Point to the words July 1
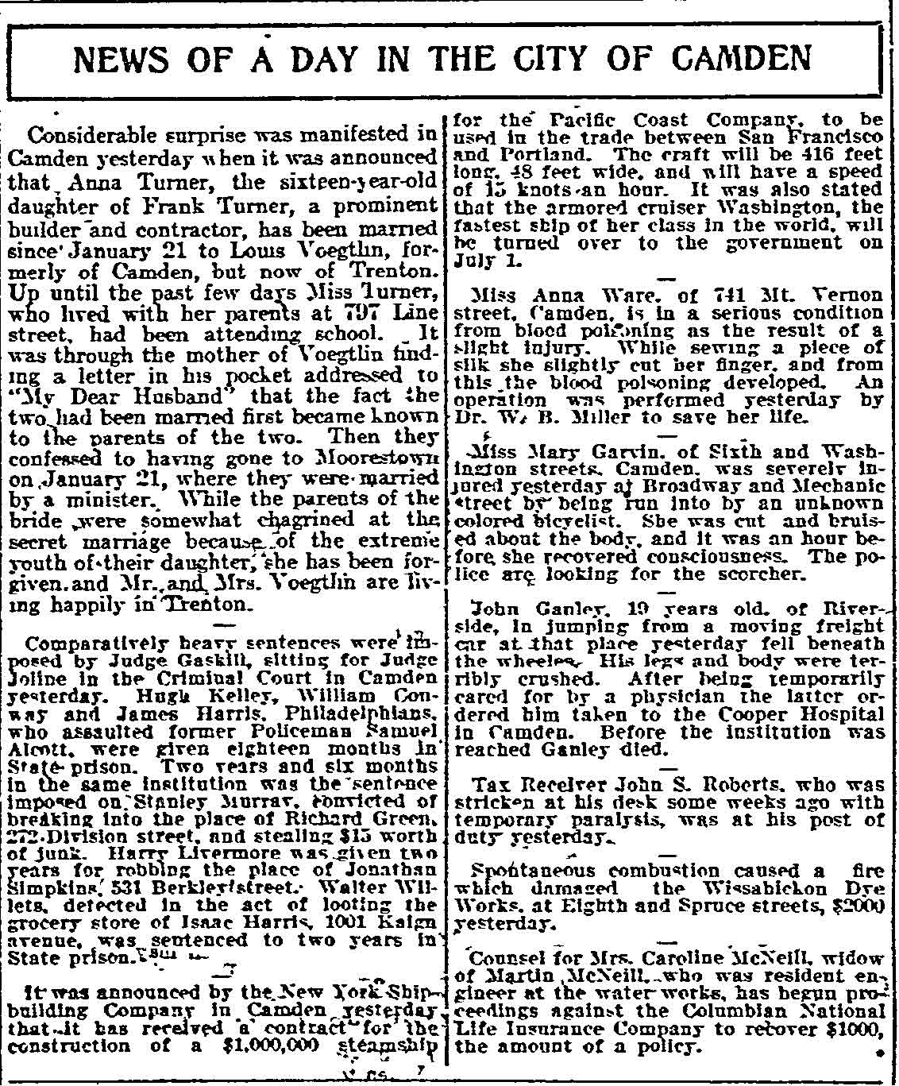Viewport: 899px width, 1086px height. point(475,259)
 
